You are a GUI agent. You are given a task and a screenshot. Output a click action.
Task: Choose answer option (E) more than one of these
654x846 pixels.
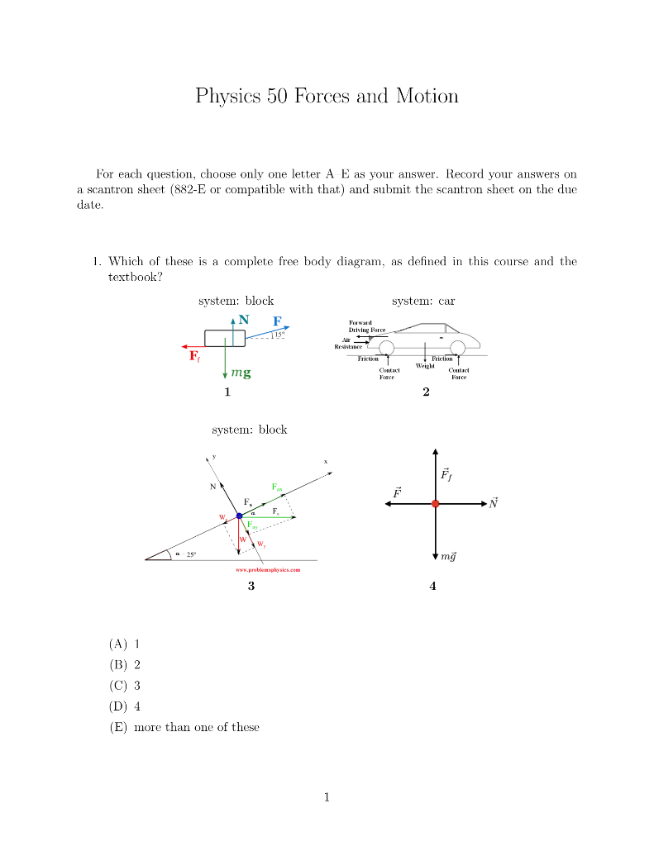[184, 727]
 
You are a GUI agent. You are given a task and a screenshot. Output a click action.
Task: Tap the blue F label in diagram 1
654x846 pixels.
[277, 321]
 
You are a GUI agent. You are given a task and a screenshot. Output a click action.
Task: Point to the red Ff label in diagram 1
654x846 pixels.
[194, 357]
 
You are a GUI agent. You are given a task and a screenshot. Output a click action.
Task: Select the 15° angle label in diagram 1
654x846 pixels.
[276, 335]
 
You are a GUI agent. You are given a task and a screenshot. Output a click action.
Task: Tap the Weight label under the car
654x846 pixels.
[425, 365]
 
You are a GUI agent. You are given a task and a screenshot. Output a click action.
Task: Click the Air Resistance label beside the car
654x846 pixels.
[347, 343]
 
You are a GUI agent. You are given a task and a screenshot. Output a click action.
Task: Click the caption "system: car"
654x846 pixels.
[423, 301]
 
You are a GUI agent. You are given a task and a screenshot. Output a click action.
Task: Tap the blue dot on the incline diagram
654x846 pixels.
[240, 516]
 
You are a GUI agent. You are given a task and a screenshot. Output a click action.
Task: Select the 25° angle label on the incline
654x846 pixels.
[191, 554]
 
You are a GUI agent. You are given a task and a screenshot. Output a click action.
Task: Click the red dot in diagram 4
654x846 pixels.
[435, 503]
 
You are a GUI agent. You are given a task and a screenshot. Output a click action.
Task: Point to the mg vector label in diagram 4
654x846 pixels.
[447, 556]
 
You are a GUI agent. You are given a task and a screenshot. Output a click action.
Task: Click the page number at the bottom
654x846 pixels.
[327, 797]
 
